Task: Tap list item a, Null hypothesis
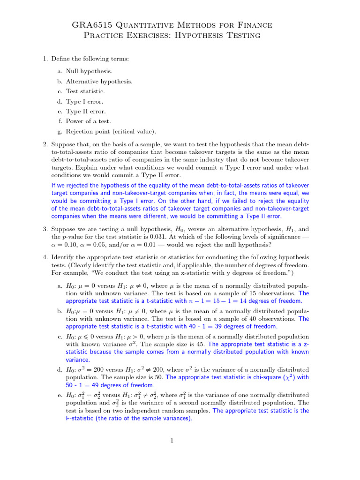(89, 71)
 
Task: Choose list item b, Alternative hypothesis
(99, 82)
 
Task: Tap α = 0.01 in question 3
(164, 244)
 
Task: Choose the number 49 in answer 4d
(88, 385)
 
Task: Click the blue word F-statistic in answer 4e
(81, 418)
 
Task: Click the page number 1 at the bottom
(172, 440)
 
